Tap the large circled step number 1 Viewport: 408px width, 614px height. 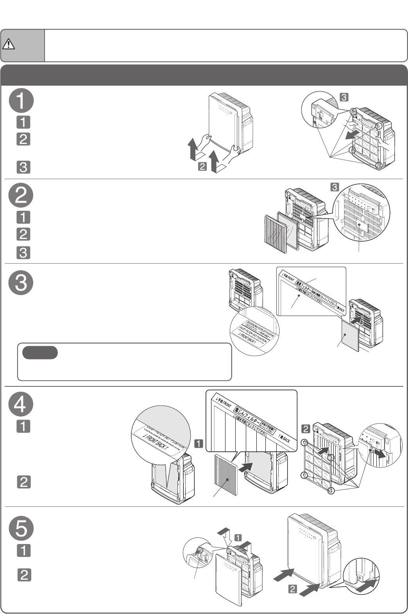click(21, 101)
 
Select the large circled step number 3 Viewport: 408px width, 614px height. click(21, 282)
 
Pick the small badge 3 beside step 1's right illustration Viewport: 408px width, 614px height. click(344, 97)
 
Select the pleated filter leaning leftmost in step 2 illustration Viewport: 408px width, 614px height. click(276, 234)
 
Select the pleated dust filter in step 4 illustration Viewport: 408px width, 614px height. click(226, 474)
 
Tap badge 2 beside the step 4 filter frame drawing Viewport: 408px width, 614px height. click(306, 429)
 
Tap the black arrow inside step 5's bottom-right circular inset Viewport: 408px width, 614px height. click(367, 585)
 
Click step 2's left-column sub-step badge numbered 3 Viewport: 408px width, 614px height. click(23, 253)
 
